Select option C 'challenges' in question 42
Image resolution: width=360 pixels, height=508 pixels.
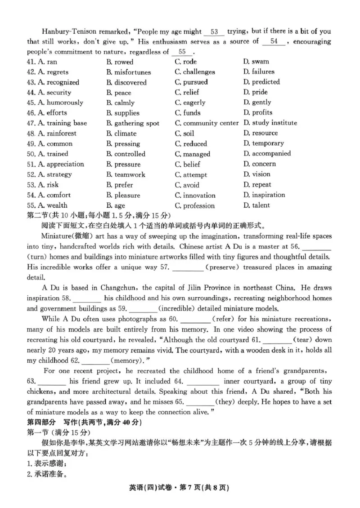click(x=195, y=72)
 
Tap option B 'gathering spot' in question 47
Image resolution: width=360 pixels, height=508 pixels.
click(x=132, y=123)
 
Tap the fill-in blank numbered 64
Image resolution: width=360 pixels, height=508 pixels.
click(x=196, y=381)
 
